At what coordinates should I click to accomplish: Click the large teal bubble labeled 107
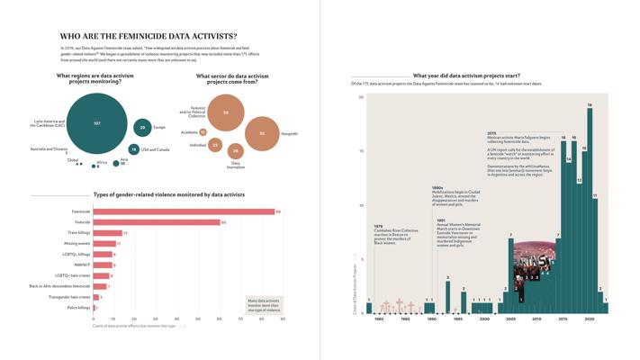pos(95,123)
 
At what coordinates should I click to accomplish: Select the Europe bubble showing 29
pos(141,128)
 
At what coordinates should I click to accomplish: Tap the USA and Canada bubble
pos(133,149)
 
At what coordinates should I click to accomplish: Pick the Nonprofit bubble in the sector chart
pos(262,133)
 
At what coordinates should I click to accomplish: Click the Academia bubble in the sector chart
pos(203,132)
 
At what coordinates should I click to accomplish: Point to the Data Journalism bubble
pos(235,151)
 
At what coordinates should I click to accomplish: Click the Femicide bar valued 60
pos(157,222)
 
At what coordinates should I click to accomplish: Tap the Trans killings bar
pos(107,233)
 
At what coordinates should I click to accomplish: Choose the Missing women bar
pos(104,243)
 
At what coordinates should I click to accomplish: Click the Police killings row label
pos(77,308)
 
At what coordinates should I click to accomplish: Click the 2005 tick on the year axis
pos(510,319)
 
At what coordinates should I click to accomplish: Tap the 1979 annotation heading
pos(378,226)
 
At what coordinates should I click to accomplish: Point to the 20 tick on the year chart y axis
pos(360,97)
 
